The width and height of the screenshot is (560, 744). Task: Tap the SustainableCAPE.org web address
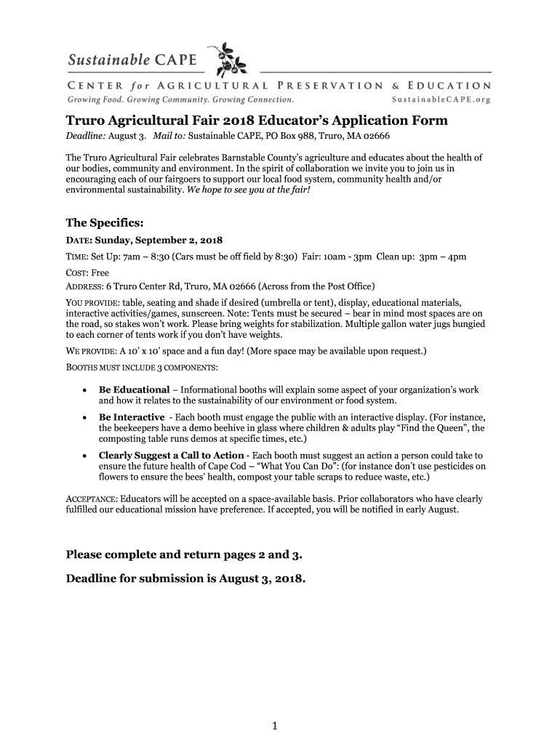[441, 99]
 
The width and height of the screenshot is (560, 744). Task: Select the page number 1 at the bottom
[276, 725]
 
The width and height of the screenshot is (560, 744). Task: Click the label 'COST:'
[78, 273]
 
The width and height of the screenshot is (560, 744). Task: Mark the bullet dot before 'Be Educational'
[86, 390]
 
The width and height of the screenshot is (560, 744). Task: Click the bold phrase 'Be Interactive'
[132, 418]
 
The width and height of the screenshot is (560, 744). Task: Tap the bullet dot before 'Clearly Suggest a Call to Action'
[86, 456]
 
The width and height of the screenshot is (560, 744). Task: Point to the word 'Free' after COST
[100, 273]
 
